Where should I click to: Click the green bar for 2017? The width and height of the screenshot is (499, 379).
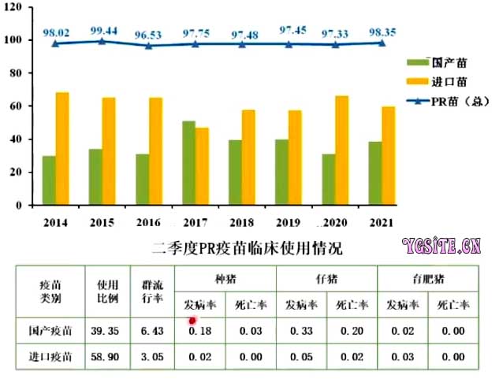pyautogui.click(x=188, y=162)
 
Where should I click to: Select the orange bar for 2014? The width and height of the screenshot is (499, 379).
pyautogui.click(x=62, y=148)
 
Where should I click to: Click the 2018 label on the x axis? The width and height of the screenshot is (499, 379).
pyautogui.click(x=241, y=224)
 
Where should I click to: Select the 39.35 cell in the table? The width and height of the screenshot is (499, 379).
pyautogui.click(x=107, y=332)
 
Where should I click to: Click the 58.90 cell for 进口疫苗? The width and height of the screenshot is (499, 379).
pyautogui.click(x=107, y=358)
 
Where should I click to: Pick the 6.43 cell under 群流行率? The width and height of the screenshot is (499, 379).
pyautogui.click(x=153, y=332)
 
